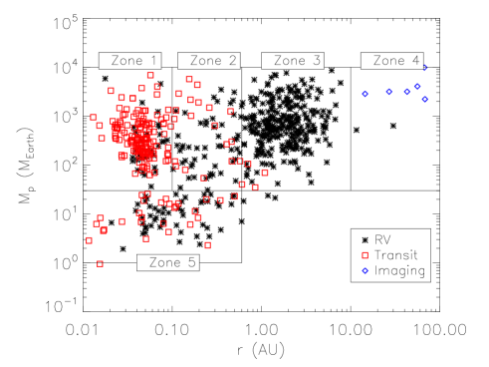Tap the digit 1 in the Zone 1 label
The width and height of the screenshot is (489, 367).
tap(152, 61)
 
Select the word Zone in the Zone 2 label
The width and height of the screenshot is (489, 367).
tap(205, 61)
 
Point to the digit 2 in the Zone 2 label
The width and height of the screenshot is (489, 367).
tap(232, 61)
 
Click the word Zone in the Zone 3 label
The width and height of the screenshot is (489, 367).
tap(289, 61)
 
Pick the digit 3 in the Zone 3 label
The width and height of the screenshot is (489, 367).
tap(316, 61)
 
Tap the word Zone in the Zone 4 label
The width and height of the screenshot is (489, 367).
tap(388, 61)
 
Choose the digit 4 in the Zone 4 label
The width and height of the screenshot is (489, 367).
tap(415, 61)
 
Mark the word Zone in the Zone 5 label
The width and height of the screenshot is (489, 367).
tap(164, 262)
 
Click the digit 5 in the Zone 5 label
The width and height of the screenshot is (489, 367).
tap(191, 262)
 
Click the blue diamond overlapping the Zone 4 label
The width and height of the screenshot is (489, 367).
tap(424, 67)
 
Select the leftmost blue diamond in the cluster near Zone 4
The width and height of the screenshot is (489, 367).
tap(365, 94)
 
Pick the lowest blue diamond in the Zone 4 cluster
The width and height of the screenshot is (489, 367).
tap(424, 99)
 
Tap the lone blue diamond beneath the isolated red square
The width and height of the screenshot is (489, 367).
tap(365, 270)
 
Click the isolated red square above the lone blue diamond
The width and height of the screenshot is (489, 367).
tap(365, 255)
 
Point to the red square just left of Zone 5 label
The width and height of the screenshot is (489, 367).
tap(100, 263)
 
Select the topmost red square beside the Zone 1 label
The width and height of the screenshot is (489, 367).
tap(150, 75)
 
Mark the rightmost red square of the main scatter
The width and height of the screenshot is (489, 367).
tap(264, 173)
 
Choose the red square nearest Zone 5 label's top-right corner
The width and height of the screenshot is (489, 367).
tap(207, 244)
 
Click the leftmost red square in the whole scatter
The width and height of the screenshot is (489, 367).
tap(89, 240)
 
